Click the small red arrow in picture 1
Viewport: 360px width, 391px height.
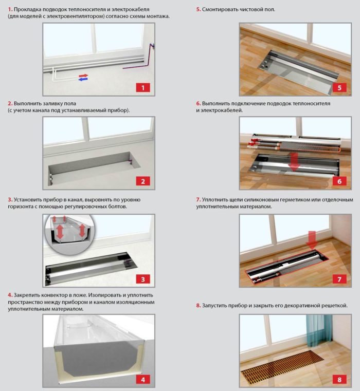point(83,76)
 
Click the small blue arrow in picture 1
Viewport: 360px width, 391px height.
point(82,80)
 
